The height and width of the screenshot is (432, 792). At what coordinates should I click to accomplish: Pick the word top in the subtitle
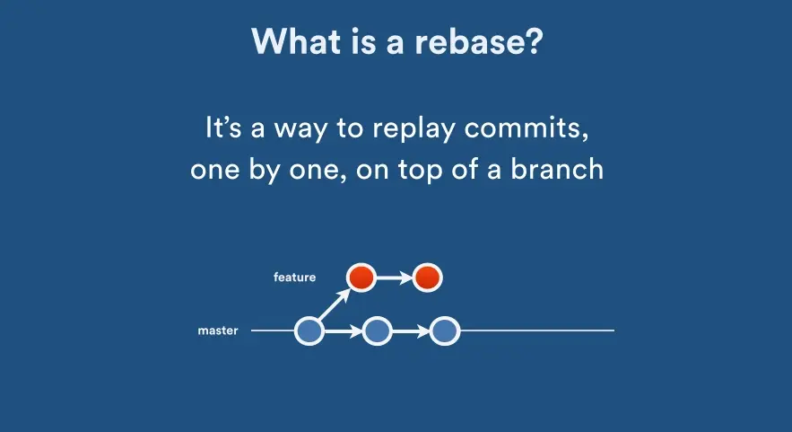[436, 170]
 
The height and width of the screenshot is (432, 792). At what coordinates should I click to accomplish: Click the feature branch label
[294, 278]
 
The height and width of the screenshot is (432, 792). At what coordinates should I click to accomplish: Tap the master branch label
[218, 331]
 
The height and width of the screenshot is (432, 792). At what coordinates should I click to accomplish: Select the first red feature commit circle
[361, 278]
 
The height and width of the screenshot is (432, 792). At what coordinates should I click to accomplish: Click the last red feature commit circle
[427, 278]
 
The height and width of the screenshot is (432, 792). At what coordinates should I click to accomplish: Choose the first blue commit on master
[309, 331]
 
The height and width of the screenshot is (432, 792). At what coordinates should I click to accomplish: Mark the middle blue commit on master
[377, 331]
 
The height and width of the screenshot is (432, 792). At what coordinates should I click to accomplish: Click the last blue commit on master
[444, 331]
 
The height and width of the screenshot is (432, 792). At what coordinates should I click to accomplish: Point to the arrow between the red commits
[394, 278]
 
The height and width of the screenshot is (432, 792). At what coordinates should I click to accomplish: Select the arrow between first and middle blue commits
[343, 331]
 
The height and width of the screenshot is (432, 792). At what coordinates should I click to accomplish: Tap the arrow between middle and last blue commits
[410, 331]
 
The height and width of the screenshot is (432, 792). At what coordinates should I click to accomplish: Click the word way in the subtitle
[303, 128]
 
